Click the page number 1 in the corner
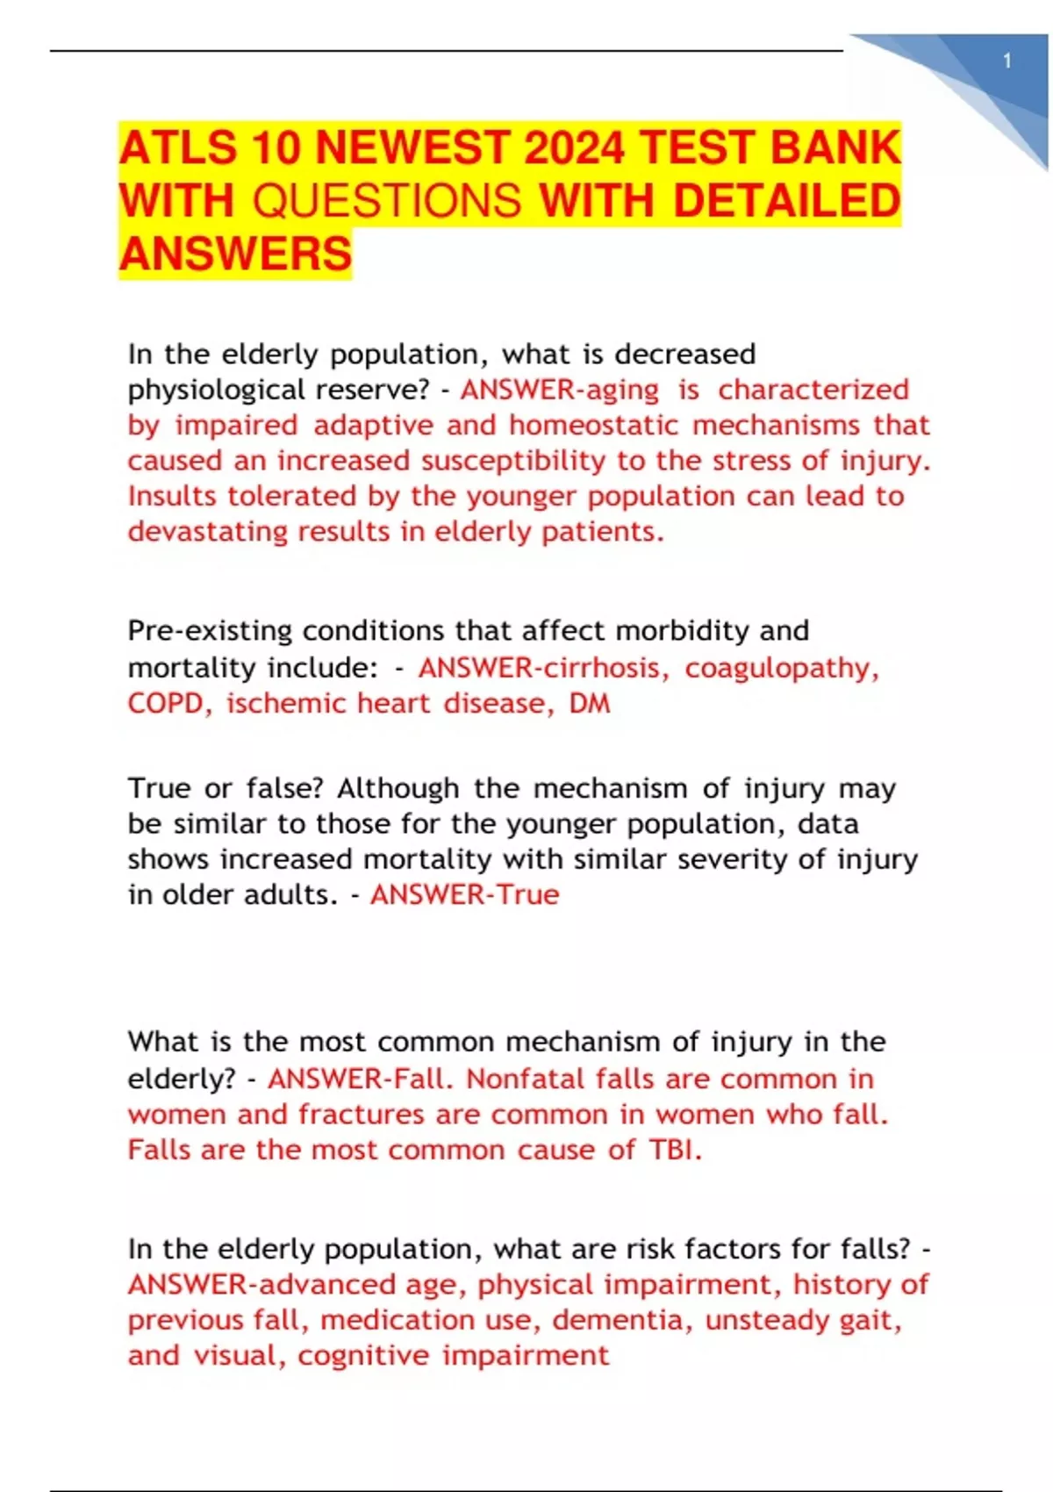[1007, 61]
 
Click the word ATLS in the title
[178, 147]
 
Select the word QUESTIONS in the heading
[387, 201]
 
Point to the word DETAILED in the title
[786, 201]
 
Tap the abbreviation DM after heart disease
[590, 704]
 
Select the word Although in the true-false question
[398, 788]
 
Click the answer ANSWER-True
[464, 895]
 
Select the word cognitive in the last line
[363, 1356]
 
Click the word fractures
[362, 1115]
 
